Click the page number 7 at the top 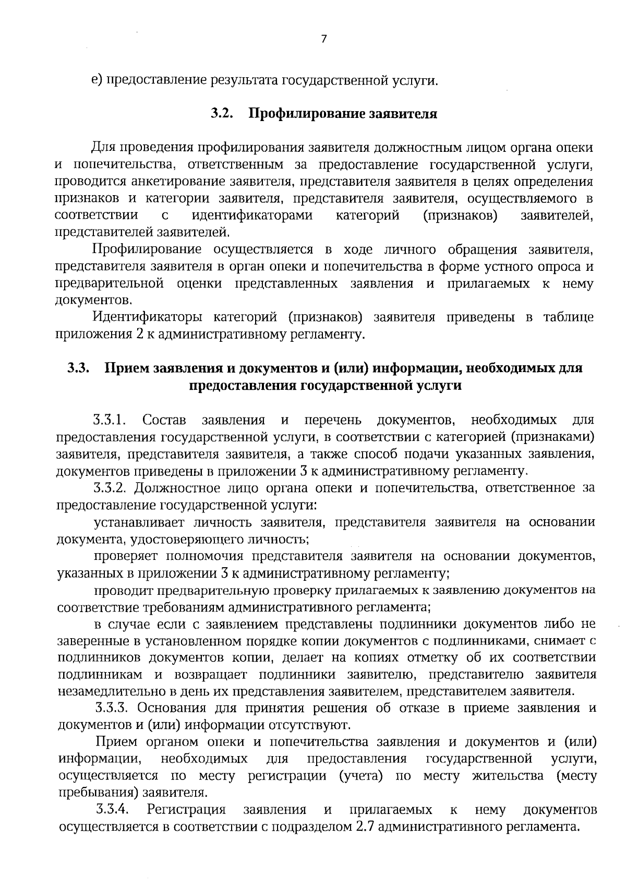tap(323, 39)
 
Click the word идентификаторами tap(252, 215)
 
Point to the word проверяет tap(124, 556)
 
